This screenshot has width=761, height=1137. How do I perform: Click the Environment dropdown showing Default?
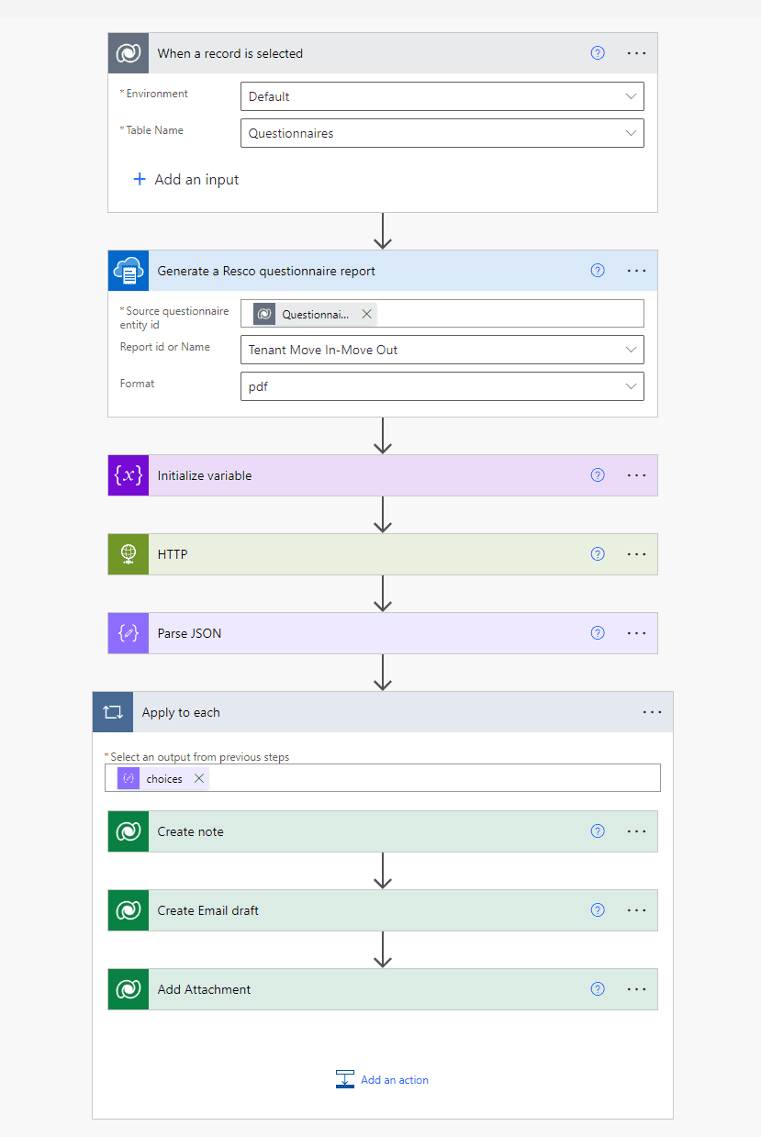tap(442, 96)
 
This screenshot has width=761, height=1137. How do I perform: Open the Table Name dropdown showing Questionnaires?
tap(442, 133)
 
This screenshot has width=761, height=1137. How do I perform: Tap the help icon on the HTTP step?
tap(598, 554)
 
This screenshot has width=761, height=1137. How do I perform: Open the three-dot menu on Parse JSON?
tap(636, 633)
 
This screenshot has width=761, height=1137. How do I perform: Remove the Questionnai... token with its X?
tap(367, 314)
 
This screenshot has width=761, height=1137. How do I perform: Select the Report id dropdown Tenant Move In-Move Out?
tap(442, 350)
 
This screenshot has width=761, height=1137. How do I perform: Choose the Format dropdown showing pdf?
tap(442, 386)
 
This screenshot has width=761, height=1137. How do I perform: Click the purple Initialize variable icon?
tap(129, 475)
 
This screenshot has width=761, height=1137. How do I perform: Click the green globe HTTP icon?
tap(129, 554)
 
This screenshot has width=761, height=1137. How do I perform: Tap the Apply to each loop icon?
tap(113, 712)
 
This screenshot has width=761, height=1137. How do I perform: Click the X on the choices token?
tap(199, 778)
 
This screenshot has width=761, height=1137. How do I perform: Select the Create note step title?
tap(190, 831)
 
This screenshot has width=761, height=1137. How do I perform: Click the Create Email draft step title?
tap(207, 910)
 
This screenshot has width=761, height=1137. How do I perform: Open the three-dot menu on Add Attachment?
tap(636, 989)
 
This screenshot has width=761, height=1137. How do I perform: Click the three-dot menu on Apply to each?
tap(652, 712)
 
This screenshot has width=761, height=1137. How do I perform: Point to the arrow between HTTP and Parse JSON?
tap(383, 594)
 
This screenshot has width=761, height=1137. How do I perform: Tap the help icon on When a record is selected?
tap(598, 53)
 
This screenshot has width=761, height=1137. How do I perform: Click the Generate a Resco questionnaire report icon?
tap(129, 271)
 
